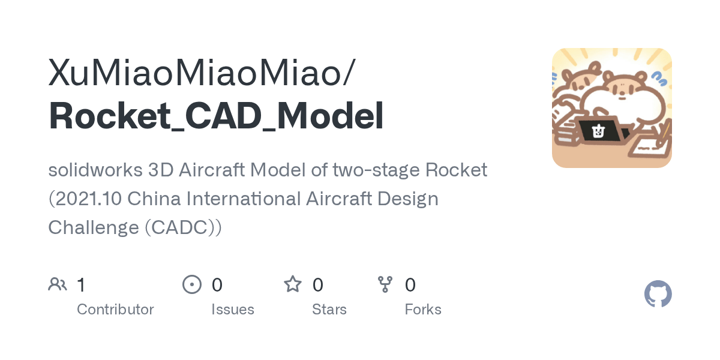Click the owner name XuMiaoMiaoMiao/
click(202, 73)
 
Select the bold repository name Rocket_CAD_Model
click(216, 116)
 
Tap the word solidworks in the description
click(95, 170)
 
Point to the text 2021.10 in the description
click(84, 199)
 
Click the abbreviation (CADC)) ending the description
click(183, 227)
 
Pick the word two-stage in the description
click(375, 170)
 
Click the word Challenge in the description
click(94, 227)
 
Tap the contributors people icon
click(58, 284)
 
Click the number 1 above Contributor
click(81, 284)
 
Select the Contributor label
click(115, 310)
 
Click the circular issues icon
click(192, 284)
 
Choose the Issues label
click(233, 310)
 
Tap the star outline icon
click(293, 284)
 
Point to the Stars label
click(329, 310)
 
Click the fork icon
click(385, 284)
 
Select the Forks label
click(423, 310)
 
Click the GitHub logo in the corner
click(658, 294)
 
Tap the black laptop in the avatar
click(599, 131)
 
